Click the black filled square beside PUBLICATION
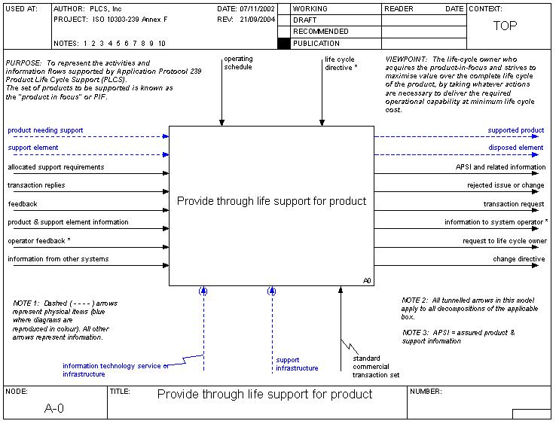click(283, 44)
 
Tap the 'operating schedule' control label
click(238, 63)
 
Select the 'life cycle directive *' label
click(341, 63)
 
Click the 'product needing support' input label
click(45, 130)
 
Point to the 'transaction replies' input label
click(36, 185)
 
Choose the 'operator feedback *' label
click(39, 240)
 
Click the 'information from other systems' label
click(58, 259)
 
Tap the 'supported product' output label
click(515, 130)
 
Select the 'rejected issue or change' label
click(506, 185)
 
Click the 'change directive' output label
click(518, 259)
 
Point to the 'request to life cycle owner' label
click(505, 241)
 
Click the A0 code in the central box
click(367, 281)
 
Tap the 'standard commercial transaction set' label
click(376, 366)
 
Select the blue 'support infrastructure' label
click(297, 364)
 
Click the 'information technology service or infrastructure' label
click(115, 370)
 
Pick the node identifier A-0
click(54, 408)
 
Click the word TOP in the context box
click(505, 26)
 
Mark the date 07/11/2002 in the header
click(256, 8)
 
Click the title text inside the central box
click(271, 201)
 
